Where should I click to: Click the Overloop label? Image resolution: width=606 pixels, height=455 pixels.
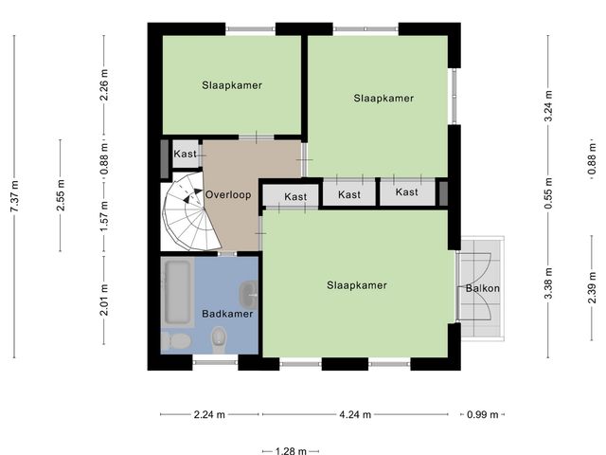coord(228,194)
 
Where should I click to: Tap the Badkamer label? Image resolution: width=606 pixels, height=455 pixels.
coord(227,314)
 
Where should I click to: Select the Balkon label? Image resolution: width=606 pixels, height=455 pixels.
coord(482,289)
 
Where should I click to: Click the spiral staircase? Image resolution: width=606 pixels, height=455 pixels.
coord(187,211)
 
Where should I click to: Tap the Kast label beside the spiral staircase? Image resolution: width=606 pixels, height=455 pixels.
coord(185,154)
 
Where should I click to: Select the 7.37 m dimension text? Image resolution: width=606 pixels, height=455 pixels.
coord(14,197)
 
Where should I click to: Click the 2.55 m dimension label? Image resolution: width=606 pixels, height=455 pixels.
coord(61,196)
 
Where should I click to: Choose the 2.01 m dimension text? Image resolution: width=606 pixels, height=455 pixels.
coord(105,301)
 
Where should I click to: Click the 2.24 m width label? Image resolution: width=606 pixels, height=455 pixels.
coord(208,414)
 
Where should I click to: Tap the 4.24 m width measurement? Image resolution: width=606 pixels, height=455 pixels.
coord(354,414)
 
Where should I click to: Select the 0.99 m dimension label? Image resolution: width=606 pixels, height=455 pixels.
coord(482,414)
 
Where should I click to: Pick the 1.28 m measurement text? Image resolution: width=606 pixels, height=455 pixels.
coord(286,450)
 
